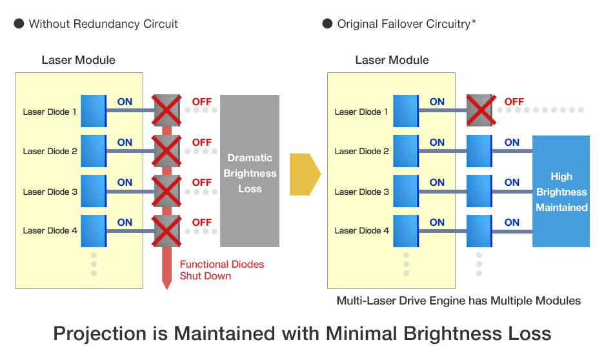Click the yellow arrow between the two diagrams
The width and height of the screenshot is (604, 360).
(305, 174)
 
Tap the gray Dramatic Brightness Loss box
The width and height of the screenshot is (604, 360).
(250, 170)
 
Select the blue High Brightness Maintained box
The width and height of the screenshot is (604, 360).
(561, 191)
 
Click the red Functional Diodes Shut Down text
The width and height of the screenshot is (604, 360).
(222, 270)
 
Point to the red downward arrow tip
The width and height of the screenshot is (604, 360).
(166, 289)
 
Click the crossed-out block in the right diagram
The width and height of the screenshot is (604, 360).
(481, 110)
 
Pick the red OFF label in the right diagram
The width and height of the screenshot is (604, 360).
(514, 102)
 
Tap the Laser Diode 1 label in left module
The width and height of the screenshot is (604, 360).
(50, 112)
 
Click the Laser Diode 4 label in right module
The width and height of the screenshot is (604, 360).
(362, 230)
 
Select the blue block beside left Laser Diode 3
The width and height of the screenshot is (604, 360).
(94, 191)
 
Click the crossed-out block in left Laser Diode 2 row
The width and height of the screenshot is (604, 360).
(166, 150)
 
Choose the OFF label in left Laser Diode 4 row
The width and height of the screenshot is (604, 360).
(202, 222)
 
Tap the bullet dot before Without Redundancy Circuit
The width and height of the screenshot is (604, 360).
(19, 23)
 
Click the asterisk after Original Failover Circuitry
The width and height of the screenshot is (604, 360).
(474, 21)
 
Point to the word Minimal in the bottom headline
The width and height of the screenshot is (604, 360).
(361, 334)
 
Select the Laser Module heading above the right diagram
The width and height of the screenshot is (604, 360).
(392, 60)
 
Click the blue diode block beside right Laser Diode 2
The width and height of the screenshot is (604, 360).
(406, 150)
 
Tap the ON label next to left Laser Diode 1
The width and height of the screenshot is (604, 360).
(125, 102)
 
